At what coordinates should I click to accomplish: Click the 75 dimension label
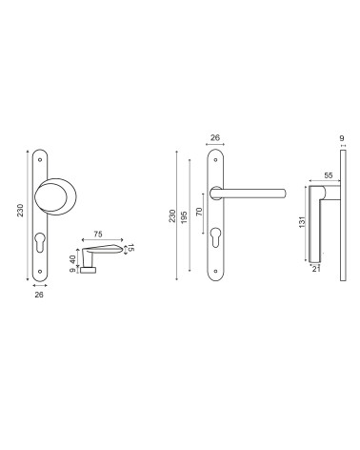point(98,235)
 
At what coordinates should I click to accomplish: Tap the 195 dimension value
point(185,217)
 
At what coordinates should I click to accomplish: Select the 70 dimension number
point(199,212)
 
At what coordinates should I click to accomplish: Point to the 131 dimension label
point(302,221)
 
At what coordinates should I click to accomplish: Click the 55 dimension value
point(329,175)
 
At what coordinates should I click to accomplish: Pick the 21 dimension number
point(315,269)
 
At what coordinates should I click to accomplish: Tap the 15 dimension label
point(130,248)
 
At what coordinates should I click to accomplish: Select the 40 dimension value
point(73,259)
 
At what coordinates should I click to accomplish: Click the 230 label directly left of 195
point(172,215)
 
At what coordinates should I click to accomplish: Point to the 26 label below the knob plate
point(39,295)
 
